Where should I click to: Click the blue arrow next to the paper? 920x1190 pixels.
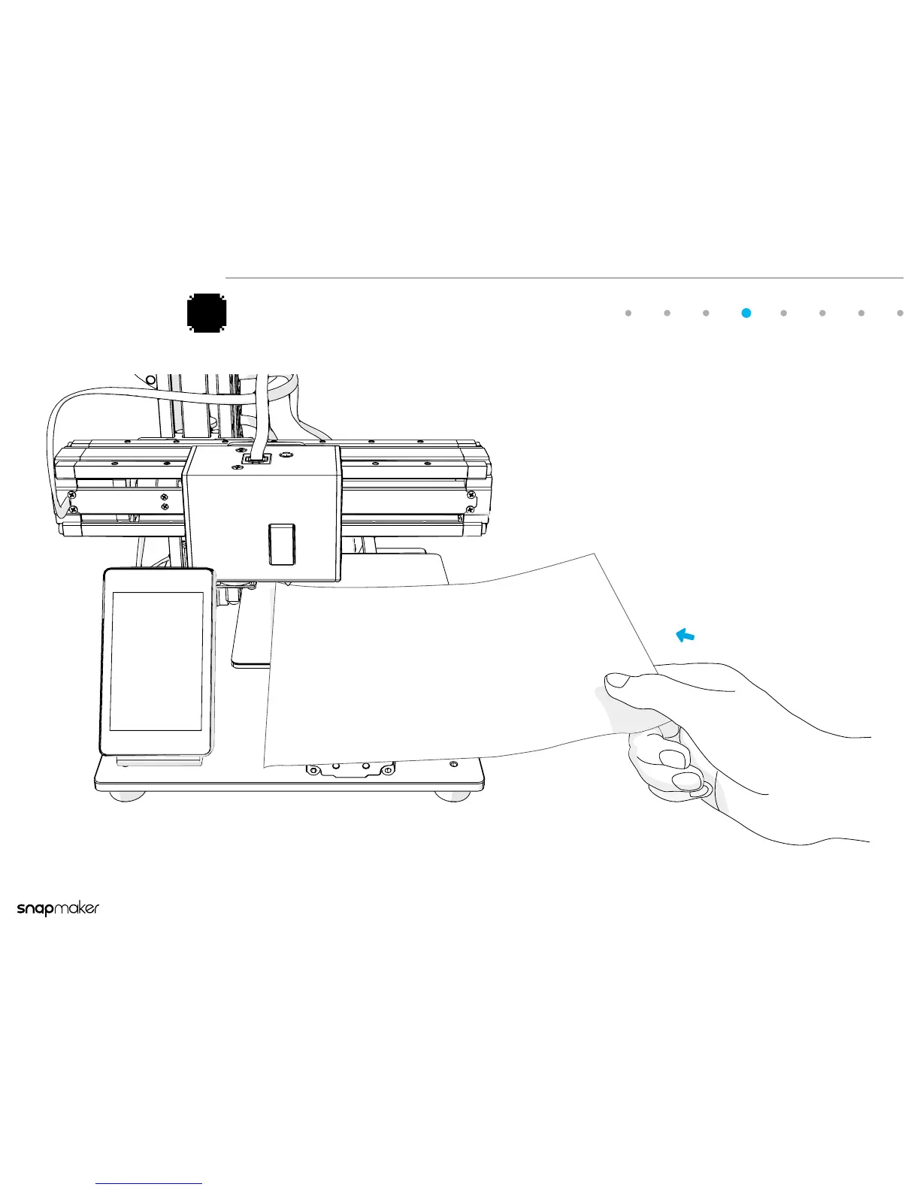685,636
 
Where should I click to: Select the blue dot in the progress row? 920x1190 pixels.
746,313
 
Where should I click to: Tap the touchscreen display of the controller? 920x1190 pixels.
156,660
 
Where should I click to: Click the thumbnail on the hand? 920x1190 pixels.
619,681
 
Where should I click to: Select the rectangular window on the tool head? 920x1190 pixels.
282,544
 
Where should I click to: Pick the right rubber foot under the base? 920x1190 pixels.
454,796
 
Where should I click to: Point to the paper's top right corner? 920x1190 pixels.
595,554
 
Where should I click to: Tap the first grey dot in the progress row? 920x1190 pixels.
628,313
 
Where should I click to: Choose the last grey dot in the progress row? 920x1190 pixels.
900,313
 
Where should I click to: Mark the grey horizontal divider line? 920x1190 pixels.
564,278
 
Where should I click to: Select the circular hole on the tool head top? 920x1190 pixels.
286,454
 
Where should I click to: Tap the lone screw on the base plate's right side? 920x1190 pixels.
453,764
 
